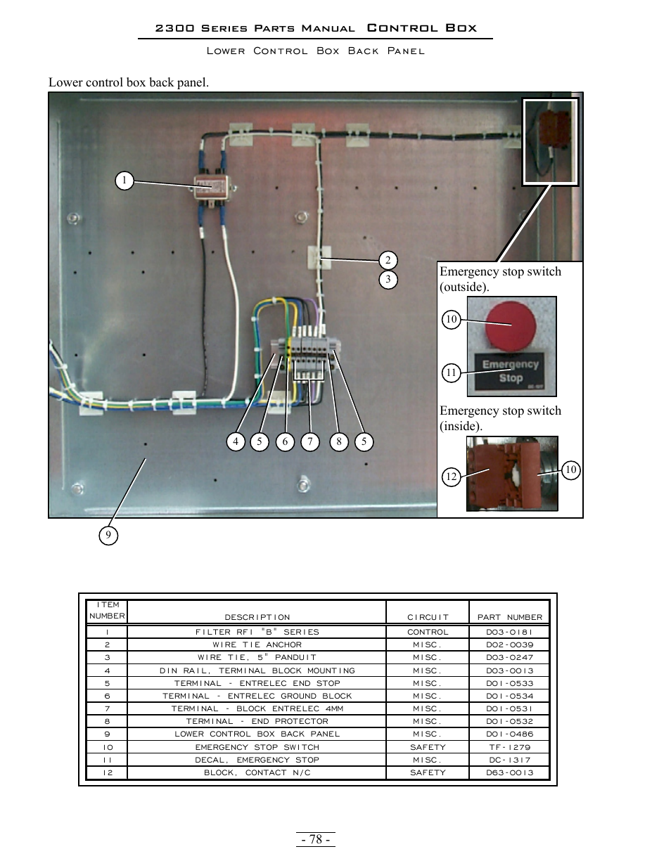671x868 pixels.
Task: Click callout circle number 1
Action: coord(124,181)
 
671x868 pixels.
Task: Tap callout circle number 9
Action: coord(108,536)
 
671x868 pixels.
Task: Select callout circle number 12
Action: coord(451,477)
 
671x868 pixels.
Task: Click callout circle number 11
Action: coord(451,373)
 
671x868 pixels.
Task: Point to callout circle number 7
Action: coord(310,441)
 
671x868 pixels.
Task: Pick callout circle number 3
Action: coord(388,280)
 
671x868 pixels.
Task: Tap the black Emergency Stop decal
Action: coord(511,371)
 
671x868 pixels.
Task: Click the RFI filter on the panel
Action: coord(214,188)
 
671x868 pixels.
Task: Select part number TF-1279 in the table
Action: coord(510,747)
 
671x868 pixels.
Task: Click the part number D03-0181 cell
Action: coord(510,632)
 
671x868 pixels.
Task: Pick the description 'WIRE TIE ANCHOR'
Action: coord(257,644)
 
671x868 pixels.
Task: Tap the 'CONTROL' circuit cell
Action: coord(428,632)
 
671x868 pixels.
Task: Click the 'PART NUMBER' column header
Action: coord(510,617)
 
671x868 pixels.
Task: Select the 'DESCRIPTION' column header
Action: coord(257,617)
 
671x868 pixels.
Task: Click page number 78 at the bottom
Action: coord(316,839)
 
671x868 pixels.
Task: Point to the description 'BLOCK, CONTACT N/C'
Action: coord(257,772)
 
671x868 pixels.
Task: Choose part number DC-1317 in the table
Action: coord(510,760)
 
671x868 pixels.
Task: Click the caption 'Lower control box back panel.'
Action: coord(129,82)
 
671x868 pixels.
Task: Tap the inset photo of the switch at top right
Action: coord(550,141)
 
